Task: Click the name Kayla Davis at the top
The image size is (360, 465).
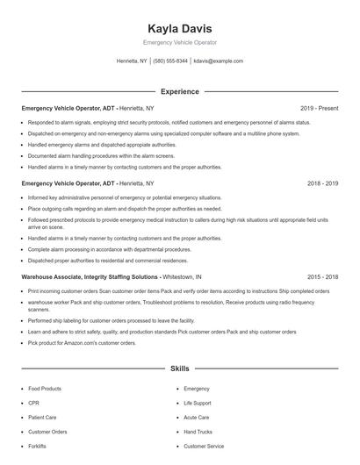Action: pos(179,28)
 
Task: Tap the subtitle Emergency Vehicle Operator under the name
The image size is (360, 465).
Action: pos(179,42)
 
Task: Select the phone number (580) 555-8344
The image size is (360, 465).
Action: pos(170,61)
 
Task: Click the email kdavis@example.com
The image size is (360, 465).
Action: pos(219,61)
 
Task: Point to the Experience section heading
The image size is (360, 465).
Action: pos(179,91)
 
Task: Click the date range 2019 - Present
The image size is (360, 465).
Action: pos(320,109)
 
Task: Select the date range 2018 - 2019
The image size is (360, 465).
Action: pos(323,184)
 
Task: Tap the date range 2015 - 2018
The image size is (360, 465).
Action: pos(323,276)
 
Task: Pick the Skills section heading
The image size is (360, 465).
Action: pos(179,369)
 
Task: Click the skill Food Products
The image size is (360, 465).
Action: pos(45,388)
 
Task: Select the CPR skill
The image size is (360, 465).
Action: pos(34,403)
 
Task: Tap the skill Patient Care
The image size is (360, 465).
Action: pos(43,417)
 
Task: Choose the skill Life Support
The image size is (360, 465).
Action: pos(197,403)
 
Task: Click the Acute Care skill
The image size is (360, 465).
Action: pos(197,417)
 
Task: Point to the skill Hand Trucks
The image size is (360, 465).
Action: pos(198,432)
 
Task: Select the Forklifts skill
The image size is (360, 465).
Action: pos(37,446)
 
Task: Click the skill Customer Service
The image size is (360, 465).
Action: pos(204,446)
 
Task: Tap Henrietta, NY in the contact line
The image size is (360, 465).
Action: pos(132,61)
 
